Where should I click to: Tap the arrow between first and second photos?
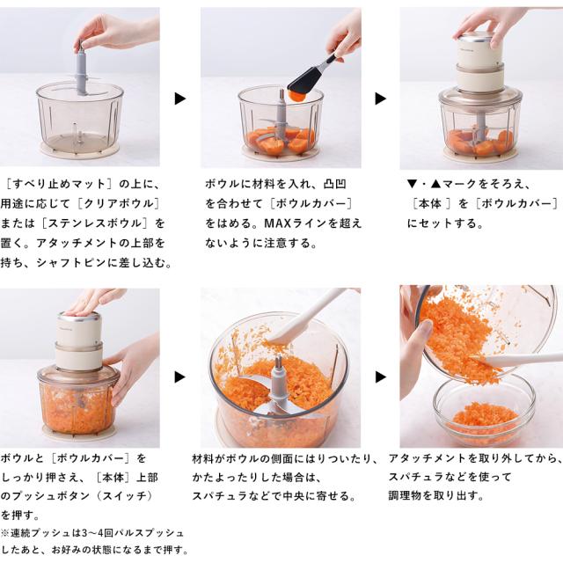click(179, 99)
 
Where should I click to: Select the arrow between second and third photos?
click(381, 99)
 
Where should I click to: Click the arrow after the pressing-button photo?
click(179, 377)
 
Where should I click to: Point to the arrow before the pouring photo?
click(381, 377)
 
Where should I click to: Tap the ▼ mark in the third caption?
click(412, 184)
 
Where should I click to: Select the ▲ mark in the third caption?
click(435, 184)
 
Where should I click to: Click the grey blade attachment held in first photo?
click(82, 71)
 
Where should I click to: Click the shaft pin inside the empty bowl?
click(75, 134)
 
